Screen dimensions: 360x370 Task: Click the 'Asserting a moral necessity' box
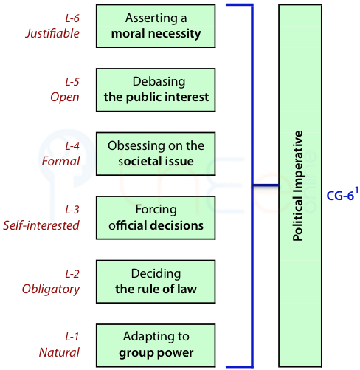(x=156, y=26)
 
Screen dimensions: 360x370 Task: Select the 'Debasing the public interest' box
(x=156, y=90)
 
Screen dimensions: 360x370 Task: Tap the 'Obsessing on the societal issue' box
(x=156, y=154)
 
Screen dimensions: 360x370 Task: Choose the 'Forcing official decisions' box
(x=156, y=218)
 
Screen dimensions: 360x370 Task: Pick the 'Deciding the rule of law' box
(x=156, y=281)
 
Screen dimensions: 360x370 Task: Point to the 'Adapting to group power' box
(x=156, y=346)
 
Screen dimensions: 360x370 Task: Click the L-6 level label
(x=72, y=18)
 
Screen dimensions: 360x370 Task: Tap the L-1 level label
(x=72, y=337)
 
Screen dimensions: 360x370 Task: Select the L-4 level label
(x=72, y=146)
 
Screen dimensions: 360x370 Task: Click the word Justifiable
(x=52, y=33)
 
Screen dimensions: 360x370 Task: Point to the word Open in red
(x=65, y=97)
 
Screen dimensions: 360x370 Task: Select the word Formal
(x=60, y=161)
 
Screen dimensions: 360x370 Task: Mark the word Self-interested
(x=41, y=225)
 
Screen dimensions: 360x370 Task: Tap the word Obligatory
(x=51, y=290)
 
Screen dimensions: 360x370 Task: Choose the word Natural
(x=59, y=352)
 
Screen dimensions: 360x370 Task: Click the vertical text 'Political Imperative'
(x=298, y=186)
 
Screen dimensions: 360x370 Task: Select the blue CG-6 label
(x=340, y=196)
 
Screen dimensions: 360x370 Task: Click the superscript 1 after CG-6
(x=356, y=191)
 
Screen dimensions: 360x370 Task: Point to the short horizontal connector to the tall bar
(x=266, y=185)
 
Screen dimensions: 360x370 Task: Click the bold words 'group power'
(x=156, y=353)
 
